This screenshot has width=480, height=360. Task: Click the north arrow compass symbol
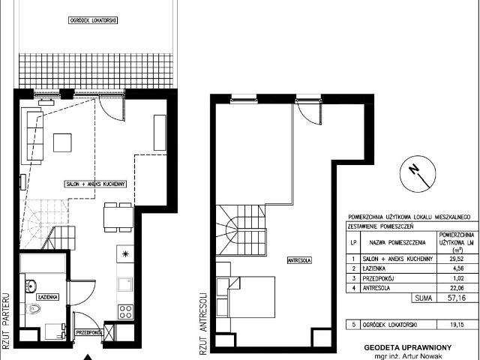coord(416,175)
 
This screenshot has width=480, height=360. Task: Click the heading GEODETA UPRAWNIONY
coord(409,348)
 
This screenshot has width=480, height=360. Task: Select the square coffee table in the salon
coord(63,142)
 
